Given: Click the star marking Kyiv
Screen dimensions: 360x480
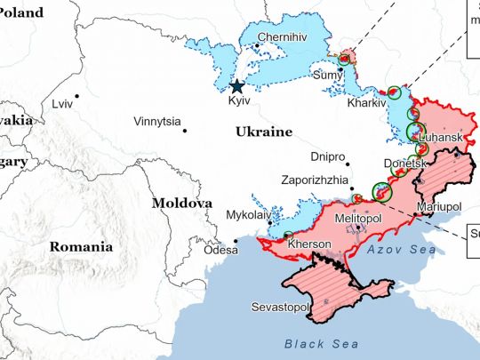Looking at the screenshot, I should click(x=236, y=86).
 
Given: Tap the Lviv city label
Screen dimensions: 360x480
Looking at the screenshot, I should click(x=62, y=104).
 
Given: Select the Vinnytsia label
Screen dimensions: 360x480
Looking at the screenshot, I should click(x=156, y=121).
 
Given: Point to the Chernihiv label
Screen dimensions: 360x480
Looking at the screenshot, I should click(x=282, y=37).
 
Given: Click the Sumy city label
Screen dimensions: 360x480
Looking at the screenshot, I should click(x=328, y=75).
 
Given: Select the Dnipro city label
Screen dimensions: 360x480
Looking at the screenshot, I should click(x=328, y=156).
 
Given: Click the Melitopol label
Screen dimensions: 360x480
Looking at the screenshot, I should click(x=359, y=218).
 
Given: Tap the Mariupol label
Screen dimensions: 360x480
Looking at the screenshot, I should click(x=439, y=207).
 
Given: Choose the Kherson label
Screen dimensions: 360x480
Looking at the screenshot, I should click(x=311, y=244).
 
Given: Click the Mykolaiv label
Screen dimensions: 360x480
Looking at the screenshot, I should click(x=251, y=215).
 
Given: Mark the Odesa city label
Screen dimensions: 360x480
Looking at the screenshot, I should click(x=221, y=251).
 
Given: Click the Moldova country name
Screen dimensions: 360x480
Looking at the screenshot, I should click(x=181, y=203).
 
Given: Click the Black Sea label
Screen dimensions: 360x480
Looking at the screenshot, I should click(x=322, y=343).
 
